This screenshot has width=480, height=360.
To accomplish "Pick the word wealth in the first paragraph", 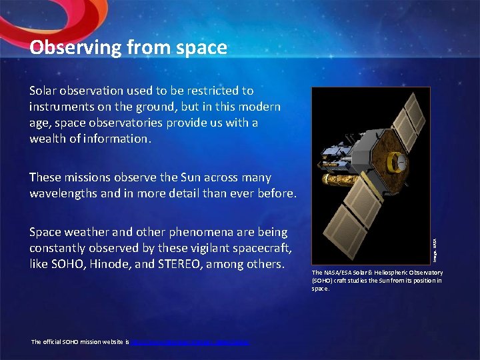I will click(49, 139).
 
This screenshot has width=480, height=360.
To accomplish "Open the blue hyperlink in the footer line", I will click(190, 342).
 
